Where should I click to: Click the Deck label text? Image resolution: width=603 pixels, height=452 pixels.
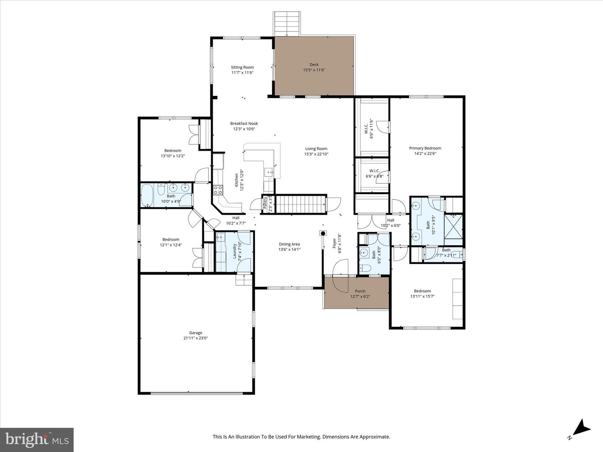coord(314,64)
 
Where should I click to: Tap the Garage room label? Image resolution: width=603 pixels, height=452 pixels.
coord(196,333)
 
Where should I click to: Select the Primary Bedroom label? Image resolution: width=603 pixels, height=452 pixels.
coord(425,148)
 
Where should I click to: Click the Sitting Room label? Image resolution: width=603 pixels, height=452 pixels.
coord(242,67)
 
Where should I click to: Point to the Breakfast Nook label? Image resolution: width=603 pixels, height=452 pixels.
coord(244,123)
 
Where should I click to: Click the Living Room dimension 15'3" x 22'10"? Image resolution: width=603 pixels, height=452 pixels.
coord(316,154)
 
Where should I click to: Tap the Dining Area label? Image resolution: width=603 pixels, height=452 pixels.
coord(289,244)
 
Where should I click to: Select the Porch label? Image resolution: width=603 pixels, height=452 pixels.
coord(360,291)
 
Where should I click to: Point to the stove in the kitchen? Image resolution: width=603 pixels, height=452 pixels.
coord(218,190)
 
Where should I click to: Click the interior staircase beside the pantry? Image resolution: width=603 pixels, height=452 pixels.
coord(301,204)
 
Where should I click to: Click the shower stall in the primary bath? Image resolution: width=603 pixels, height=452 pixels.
coord(454,226)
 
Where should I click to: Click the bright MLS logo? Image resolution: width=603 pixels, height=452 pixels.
coord(37,439)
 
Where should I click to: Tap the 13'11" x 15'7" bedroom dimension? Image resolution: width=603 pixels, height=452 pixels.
coord(423,297)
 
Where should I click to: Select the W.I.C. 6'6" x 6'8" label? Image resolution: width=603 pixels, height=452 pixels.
coord(374,173)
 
